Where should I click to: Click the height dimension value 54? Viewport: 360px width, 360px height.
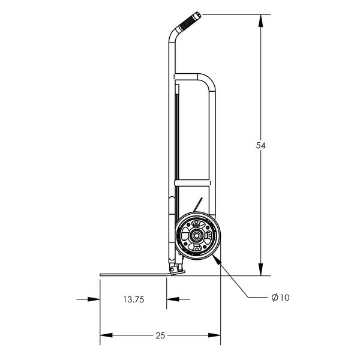click(x=260, y=145)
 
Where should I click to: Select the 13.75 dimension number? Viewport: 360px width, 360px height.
click(x=133, y=299)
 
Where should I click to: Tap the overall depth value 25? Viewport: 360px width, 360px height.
click(x=160, y=335)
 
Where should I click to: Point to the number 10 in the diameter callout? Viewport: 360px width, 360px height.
click(x=284, y=298)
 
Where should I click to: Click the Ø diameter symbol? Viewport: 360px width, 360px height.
click(x=274, y=298)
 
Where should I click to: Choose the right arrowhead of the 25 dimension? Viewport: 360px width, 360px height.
click(x=217, y=335)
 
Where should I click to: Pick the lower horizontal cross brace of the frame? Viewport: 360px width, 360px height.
click(x=192, y=181)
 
